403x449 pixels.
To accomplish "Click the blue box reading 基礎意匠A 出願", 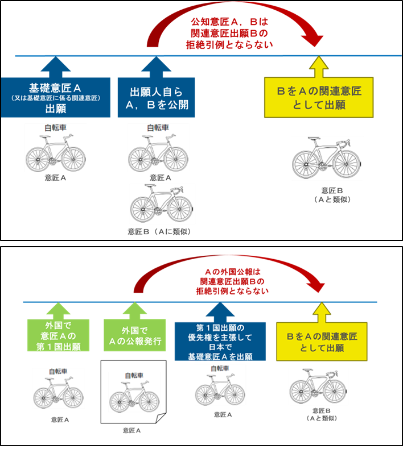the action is click(56, 97).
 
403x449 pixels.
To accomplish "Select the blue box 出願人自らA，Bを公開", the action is click(157, 97).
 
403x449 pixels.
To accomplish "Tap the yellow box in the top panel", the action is click(319, 97).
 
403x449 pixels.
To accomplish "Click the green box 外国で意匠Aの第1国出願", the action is click(58, 335).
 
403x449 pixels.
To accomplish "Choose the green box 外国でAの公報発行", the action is click(135, 335).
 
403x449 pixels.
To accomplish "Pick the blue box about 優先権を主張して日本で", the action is click(220, 342).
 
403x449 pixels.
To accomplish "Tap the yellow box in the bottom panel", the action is click(322, 342).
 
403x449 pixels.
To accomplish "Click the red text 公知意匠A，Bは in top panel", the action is click(229, 22).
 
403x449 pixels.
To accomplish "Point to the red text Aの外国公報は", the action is click(233, 272).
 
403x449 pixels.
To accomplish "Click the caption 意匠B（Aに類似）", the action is click(159, 231).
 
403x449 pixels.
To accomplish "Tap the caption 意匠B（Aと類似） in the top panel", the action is click(332, 195).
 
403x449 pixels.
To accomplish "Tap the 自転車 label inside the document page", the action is click(134, 376).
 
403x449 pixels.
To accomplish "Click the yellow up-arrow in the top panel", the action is click(319, 66).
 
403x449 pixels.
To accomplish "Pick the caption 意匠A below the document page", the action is click(131, 431).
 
